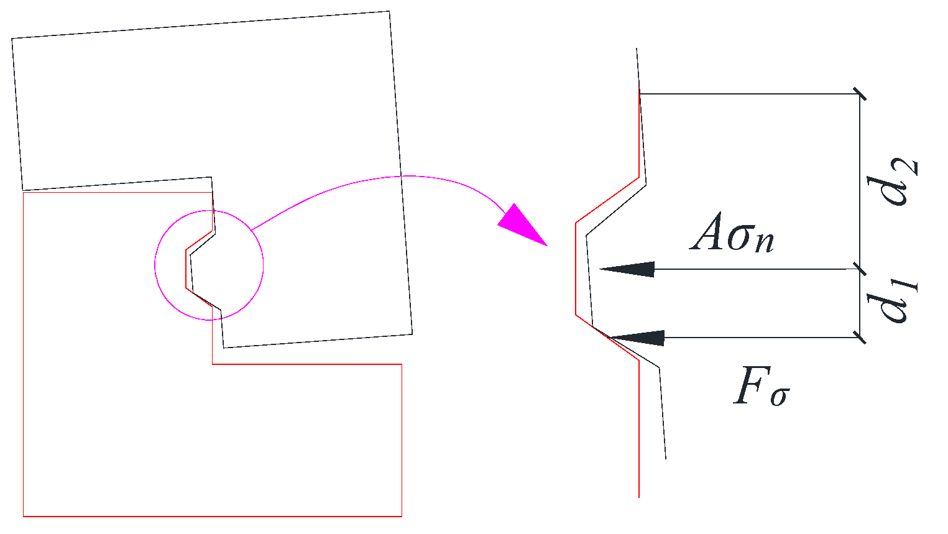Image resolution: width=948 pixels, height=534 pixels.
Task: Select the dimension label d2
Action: click(898, 182)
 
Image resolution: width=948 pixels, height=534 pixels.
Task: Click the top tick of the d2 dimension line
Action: click(860, 94)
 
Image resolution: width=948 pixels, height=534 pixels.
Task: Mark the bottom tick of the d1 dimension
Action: click(860, 338)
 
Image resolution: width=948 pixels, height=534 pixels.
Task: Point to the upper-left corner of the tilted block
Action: click(12, 39)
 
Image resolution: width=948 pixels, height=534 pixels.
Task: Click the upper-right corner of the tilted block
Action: click(389, 11)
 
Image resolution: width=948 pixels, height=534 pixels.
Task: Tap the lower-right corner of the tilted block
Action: click(412, 334)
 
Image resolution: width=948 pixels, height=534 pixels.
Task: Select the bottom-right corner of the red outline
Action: click(402, 516)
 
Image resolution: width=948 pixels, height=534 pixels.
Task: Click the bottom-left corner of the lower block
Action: click(24, 516)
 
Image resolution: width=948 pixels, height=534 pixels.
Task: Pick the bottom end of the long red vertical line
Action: click(639, 497)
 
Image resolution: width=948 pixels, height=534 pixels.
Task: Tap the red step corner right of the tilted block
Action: click(402, 364)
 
